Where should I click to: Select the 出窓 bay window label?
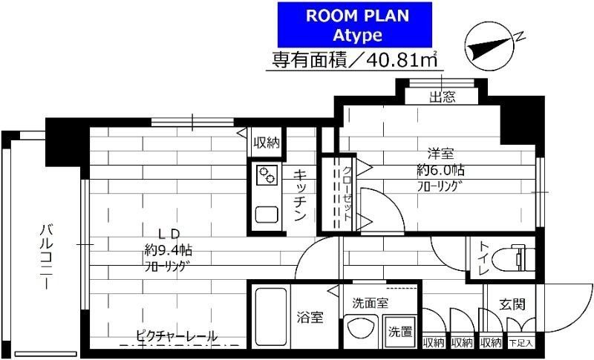point(443,96)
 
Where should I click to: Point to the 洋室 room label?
point(441,154)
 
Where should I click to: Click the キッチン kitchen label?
point(300,194)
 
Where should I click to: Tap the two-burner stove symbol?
point(267,176)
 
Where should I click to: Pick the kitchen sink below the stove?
point(267,214)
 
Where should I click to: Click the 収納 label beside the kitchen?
point(267,143)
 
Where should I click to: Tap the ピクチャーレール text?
point(177,336)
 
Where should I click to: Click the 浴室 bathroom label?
point(311,318)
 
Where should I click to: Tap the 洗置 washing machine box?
point(401,332)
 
